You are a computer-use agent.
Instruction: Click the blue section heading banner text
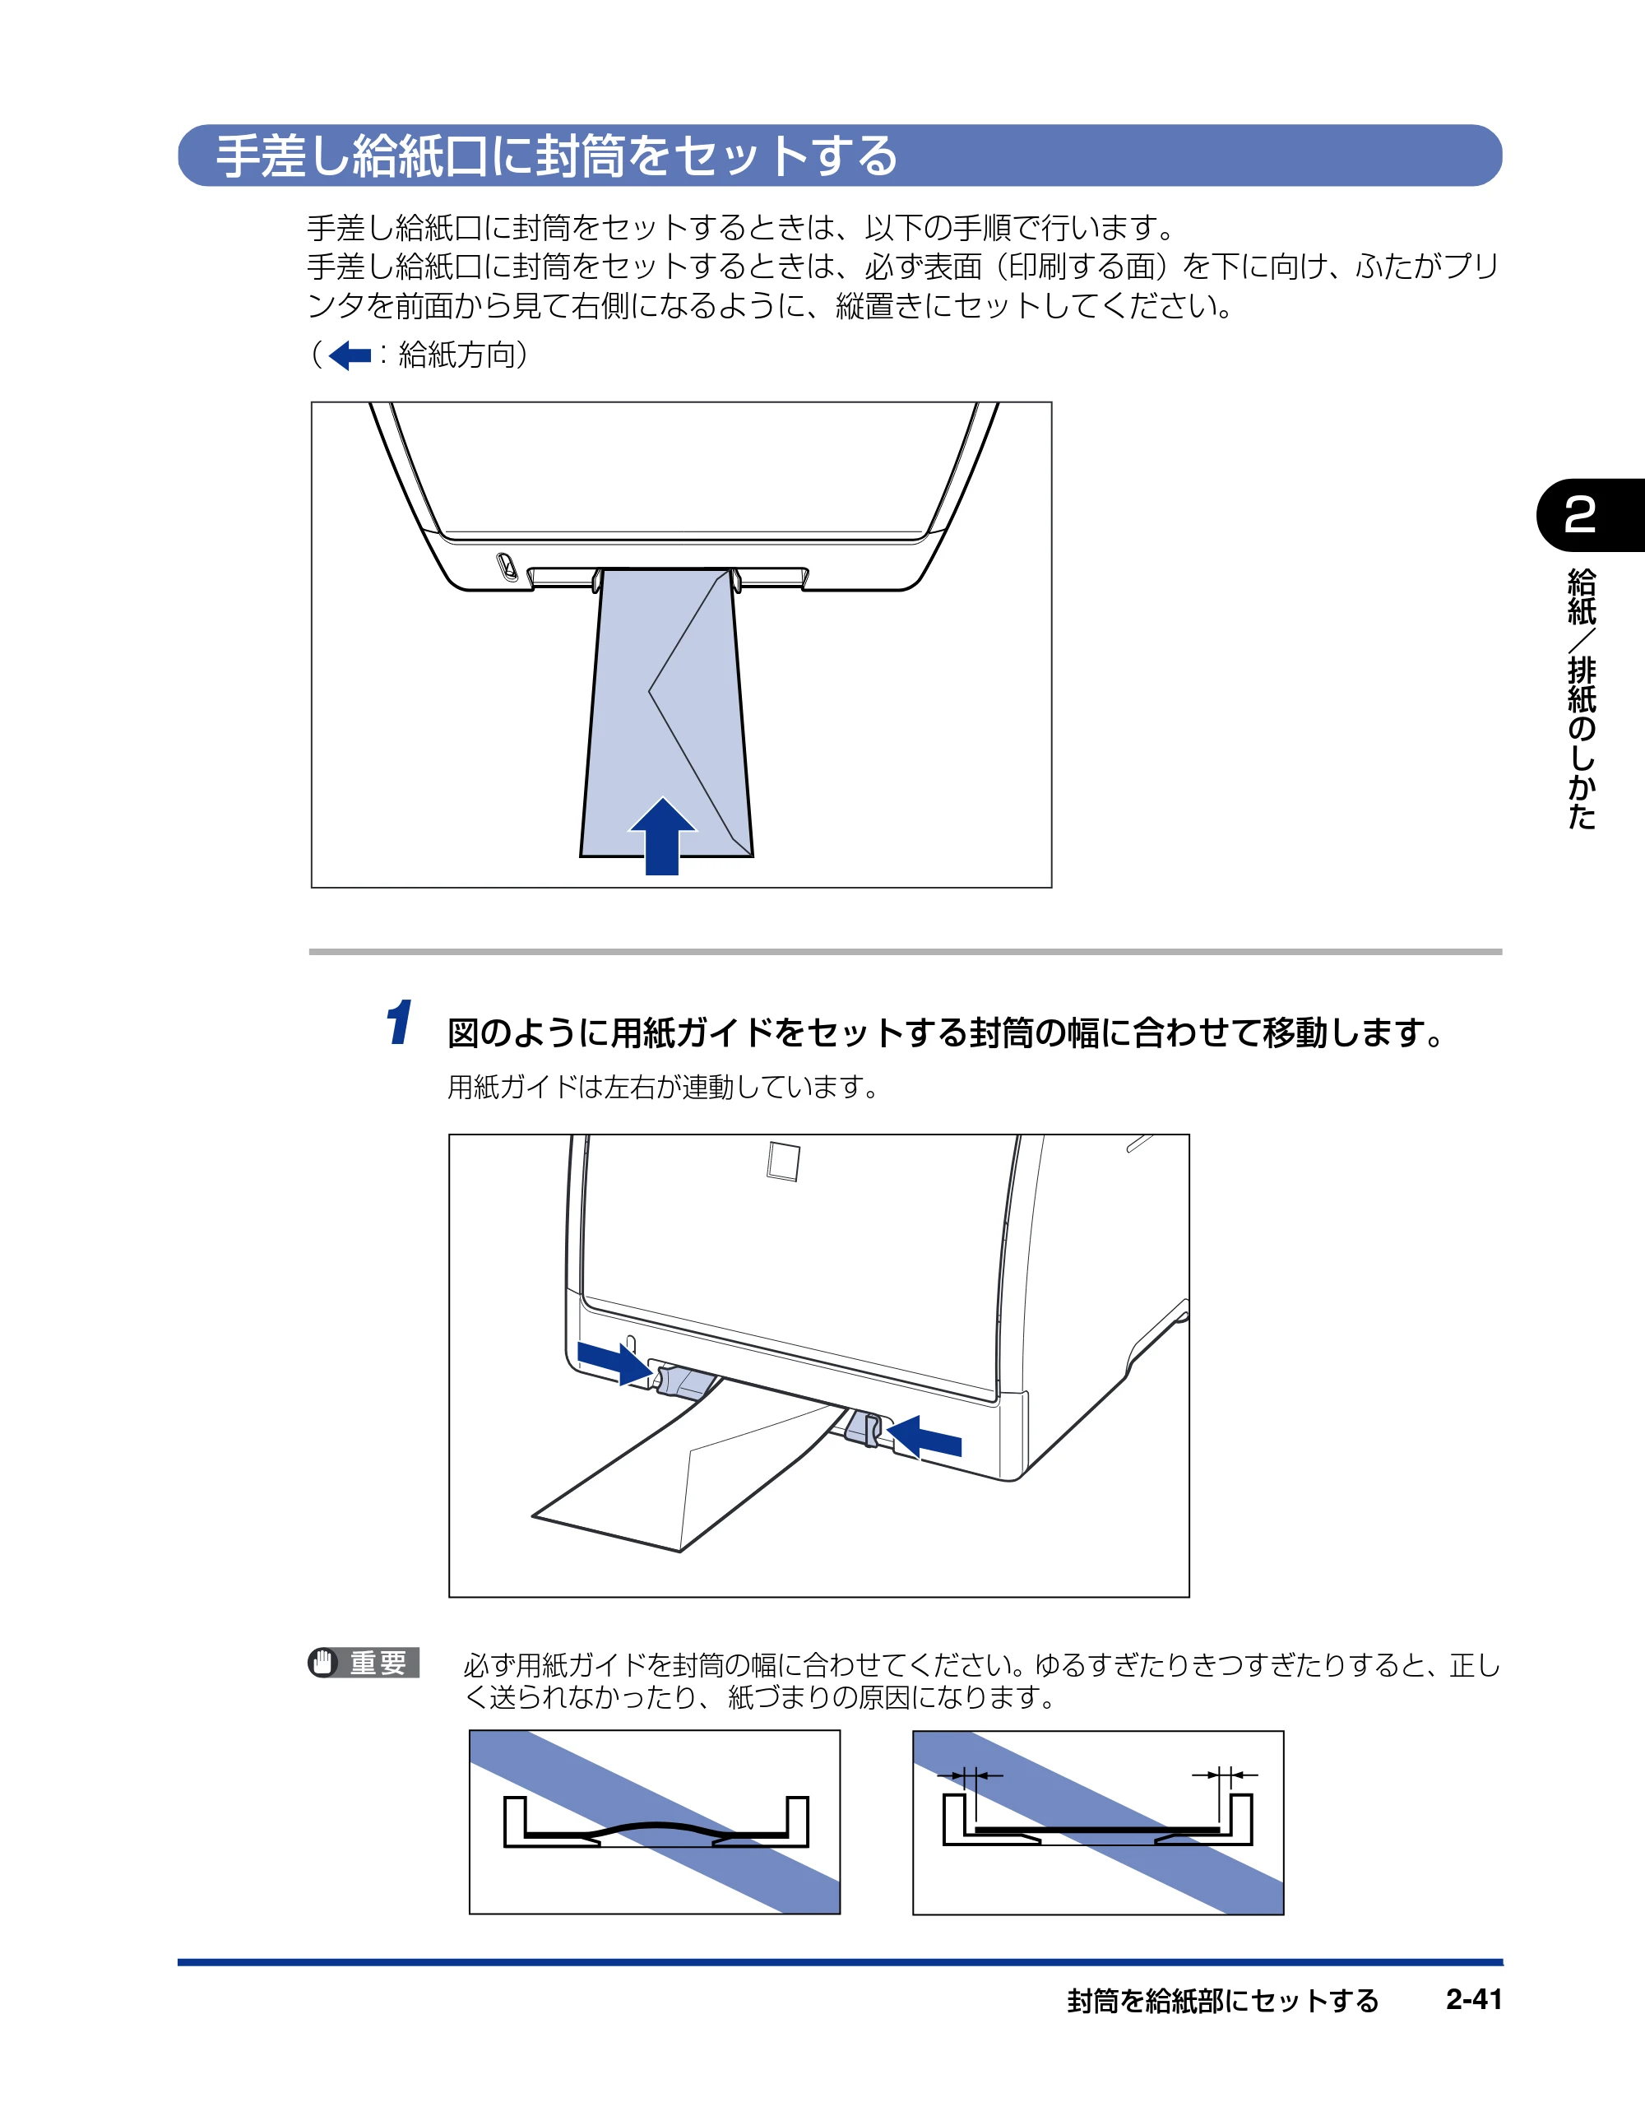pos(557,156)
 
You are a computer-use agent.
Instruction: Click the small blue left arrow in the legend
pos(350,355)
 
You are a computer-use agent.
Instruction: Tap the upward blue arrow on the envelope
pos(663,835)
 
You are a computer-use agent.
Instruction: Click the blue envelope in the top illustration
pos(666,712)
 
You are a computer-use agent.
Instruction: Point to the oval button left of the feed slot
pos(507,566)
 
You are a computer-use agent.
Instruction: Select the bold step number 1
pos(399,1023)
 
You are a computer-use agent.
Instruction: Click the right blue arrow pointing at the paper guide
pos(924,1436)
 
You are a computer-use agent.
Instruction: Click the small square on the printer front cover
pos(783,1161)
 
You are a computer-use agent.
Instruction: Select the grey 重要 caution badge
pos(364,1663)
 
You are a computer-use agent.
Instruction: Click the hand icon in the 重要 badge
pos(322,1663)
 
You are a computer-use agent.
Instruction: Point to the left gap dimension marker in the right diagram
pos(970,1775)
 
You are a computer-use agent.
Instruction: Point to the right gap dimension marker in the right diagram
pos(1225,1775)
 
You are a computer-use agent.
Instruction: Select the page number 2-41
pos(1474,1999)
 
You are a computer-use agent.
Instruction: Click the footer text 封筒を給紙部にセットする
pos(1222,2000)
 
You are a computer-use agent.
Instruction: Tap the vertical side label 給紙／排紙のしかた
pos(1582,698)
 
